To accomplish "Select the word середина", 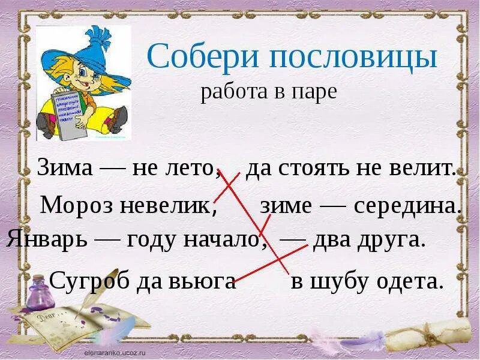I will (407, 206).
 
